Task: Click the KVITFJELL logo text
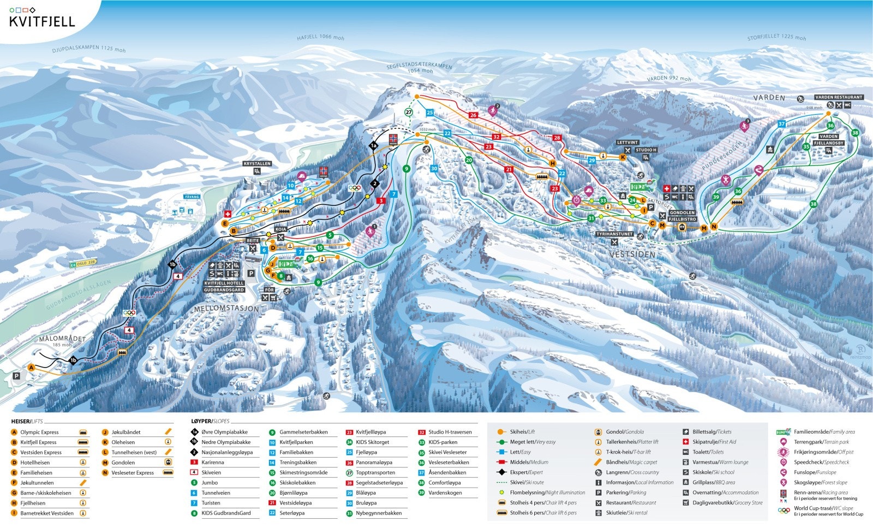42,22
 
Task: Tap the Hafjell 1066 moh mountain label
320,38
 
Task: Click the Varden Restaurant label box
839,97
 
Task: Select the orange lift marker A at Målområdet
32,368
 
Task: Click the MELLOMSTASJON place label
226,309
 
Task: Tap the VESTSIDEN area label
632,254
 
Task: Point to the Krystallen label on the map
257,164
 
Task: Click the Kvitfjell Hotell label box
224,283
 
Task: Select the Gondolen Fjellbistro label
682,216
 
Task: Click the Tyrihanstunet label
614,234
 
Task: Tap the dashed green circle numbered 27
409,112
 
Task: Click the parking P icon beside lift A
16,376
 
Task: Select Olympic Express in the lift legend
39,432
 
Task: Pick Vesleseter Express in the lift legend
133,472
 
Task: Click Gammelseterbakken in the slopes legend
303,432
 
